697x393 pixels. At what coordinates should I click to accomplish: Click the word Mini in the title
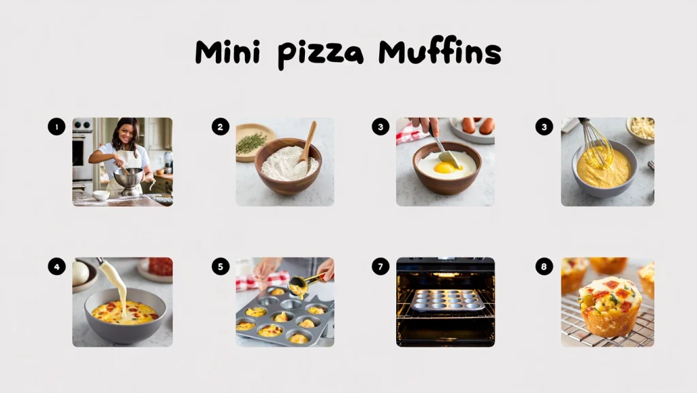(x=227, y=53)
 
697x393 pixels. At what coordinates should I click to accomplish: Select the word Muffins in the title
(x=440, y=53)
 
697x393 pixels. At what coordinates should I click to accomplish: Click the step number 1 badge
(x=56, y=126)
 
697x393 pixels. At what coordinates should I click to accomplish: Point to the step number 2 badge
(x=220, y=126)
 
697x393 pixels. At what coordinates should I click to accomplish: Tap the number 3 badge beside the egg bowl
(x=380, y=126)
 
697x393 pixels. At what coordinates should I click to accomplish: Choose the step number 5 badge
(x=220, y=267)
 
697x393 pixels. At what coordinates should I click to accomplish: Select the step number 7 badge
(x=380, y=267)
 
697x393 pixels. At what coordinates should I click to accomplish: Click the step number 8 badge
(x=543, y=267)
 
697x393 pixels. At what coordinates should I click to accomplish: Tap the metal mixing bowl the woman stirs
(x=128, y=178)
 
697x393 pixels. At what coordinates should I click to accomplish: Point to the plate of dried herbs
(x=252, y=142)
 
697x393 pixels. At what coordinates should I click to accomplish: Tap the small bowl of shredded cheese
(x=640, y=128)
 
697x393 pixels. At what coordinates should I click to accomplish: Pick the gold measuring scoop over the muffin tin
(x=303, y=283)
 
